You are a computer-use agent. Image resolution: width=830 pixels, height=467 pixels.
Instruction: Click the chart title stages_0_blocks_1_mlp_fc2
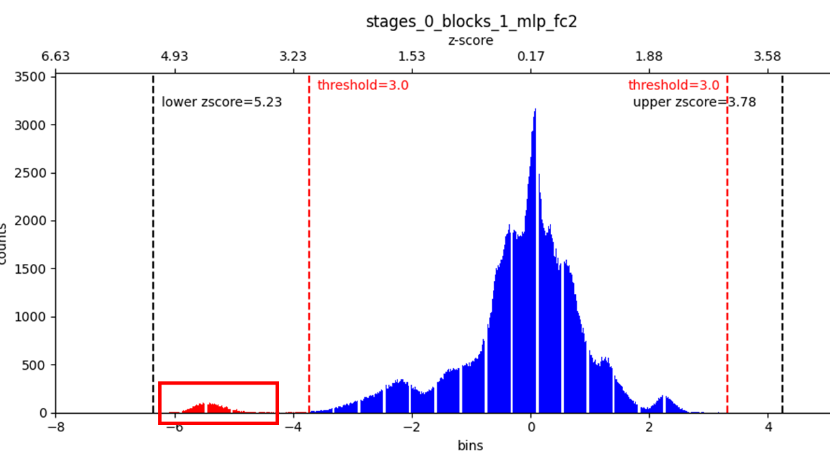471,21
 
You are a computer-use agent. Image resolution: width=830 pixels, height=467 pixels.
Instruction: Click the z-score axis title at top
471,40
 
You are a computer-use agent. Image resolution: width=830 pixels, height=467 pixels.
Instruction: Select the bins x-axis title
470,446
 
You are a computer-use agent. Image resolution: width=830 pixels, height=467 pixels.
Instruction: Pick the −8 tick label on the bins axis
56,427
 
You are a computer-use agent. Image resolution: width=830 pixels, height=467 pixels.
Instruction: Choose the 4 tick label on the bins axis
768,427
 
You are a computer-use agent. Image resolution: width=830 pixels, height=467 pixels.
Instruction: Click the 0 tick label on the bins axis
531,427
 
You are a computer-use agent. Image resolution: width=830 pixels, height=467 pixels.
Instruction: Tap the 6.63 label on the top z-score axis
56,56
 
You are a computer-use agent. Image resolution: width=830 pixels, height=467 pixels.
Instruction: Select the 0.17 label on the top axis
531,56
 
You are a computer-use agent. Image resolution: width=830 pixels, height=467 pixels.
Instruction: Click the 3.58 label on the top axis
768,56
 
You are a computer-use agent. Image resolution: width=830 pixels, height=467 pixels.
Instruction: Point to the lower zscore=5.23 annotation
222,102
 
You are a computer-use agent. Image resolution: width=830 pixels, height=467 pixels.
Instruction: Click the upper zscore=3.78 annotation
694,102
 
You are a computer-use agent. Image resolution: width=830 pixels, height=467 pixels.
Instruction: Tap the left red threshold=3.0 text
362,85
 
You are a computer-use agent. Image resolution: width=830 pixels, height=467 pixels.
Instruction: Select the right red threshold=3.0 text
673,85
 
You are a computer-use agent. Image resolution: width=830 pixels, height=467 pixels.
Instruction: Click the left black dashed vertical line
153,246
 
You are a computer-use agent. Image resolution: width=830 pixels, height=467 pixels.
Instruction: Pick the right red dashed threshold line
727,246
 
